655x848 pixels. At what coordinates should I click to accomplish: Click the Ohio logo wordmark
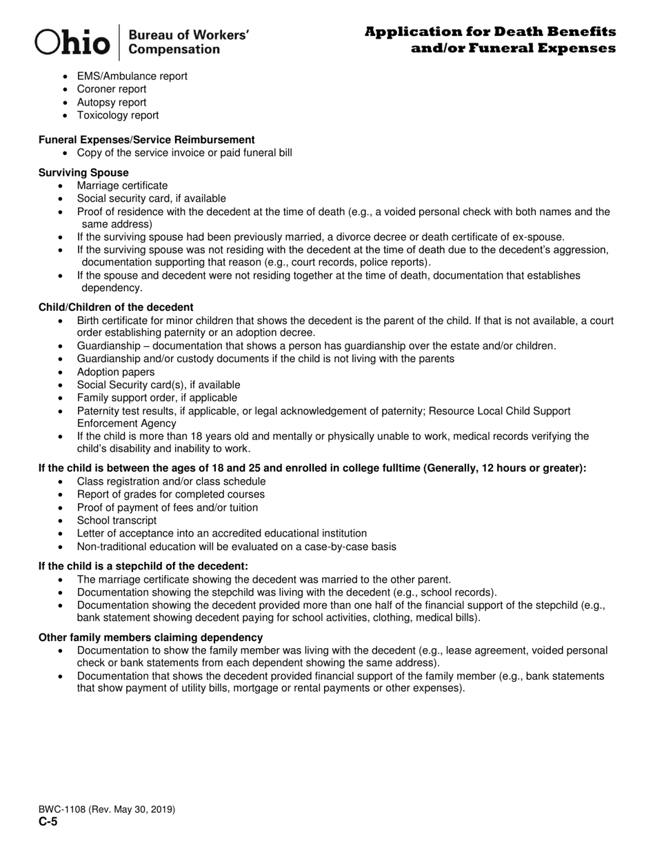pos(73,42)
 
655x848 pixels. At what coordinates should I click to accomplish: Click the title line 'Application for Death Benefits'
pos(490,32)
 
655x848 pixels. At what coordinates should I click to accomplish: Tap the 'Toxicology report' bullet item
pos(118,115)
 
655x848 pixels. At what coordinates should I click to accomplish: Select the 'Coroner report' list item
pos(112,89)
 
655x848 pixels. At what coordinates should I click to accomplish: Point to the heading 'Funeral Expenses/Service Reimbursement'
pos(147,139)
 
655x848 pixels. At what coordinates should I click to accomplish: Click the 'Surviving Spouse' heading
pos(83,172)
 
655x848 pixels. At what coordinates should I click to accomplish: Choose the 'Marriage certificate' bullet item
pos(122,185)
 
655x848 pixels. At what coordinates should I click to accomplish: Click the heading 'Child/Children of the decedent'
pos(116,307)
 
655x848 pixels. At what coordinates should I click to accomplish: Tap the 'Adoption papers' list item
pos(116,372)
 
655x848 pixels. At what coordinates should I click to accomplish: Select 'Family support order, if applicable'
pos(157,398)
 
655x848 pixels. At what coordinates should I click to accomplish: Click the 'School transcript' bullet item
pos(117,521)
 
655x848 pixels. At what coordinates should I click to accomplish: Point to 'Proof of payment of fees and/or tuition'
pos(168,507)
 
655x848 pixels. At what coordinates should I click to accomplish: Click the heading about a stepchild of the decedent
pos(143,566)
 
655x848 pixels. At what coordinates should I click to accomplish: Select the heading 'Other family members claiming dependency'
pos(150,637)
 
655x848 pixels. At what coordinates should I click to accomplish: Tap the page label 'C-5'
pos(48,822)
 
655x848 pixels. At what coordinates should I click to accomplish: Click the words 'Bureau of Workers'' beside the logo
pos(189,34)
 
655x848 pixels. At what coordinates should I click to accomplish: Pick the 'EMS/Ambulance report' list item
pos(132,76)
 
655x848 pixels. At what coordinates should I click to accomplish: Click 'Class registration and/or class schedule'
pos(171,481)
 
